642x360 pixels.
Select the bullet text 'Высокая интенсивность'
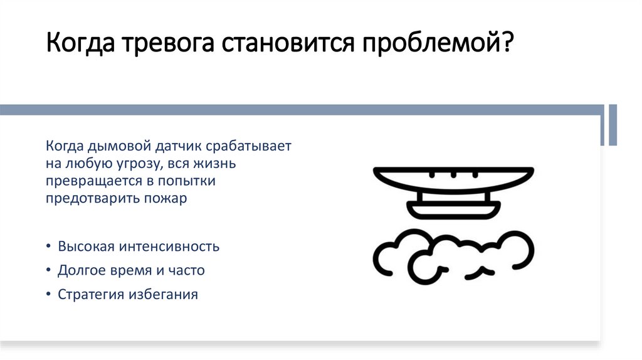pos(139,246)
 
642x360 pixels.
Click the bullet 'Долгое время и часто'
pos(131,270)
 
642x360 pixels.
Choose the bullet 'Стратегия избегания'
pos(128,294)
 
